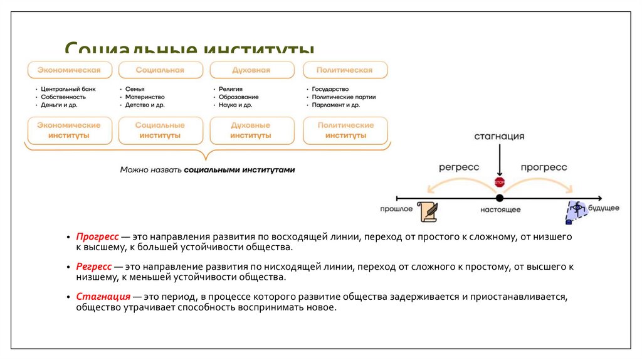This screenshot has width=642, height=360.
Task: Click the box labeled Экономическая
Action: (x=69, y=70)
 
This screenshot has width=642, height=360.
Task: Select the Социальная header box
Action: (x=160, y=70)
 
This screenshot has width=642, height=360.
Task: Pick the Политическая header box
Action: (x=344, y=70)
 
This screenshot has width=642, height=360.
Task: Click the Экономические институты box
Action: (x=69, y=130)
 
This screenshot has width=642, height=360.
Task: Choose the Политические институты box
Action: (x=345, y=130)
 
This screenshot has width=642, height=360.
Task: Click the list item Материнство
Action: (x=145, y=97)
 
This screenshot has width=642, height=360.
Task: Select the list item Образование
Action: (x=239, y=97)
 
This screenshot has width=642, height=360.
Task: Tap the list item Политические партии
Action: (x=344, y=97)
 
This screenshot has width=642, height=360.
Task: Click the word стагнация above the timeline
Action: (x=499, y=136)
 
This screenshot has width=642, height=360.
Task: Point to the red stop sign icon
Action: (x=500, y=182)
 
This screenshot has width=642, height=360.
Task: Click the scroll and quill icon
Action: (x=428, y=211)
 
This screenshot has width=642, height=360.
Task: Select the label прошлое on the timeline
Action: (x=396, y=208)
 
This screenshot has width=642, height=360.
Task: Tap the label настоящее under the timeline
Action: (x=500, y=209)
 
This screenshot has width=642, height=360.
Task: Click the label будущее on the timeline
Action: (x=603, y=208)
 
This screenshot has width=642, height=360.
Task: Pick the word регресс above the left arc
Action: (x=459, y=167)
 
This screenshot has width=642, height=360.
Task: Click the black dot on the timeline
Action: (x=500, y=198)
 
